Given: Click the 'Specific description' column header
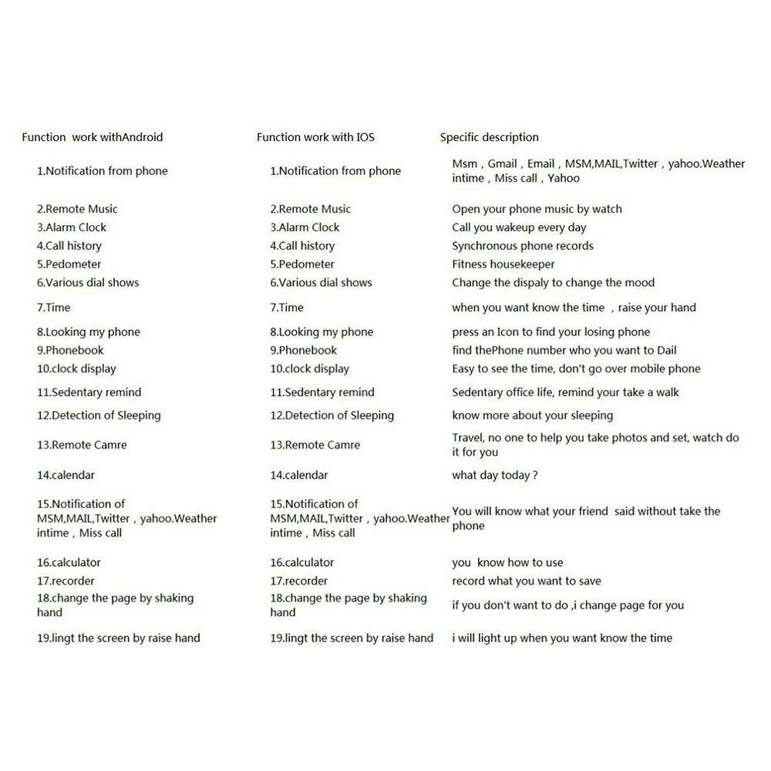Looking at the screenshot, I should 489,137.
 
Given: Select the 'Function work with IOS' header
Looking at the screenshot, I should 315,137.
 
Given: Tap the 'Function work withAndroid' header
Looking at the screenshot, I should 93,137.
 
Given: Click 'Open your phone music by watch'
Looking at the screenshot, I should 537,209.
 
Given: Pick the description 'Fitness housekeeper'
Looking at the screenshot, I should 503,264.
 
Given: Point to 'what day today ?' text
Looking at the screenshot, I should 494,475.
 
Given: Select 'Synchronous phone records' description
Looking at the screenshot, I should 523,246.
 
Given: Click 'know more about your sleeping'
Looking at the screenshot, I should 532,416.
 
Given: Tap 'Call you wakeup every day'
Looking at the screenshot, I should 519,227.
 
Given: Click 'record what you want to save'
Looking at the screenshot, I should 527,581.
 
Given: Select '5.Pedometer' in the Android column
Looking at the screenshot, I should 69,264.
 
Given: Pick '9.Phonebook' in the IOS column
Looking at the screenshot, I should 303,350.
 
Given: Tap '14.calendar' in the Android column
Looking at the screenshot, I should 66,475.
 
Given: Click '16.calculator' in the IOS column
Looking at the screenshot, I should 302,563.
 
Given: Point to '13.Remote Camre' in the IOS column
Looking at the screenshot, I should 315,445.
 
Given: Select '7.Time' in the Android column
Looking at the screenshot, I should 54,308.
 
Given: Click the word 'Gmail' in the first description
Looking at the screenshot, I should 502,163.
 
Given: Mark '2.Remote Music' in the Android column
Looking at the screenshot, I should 77,209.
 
